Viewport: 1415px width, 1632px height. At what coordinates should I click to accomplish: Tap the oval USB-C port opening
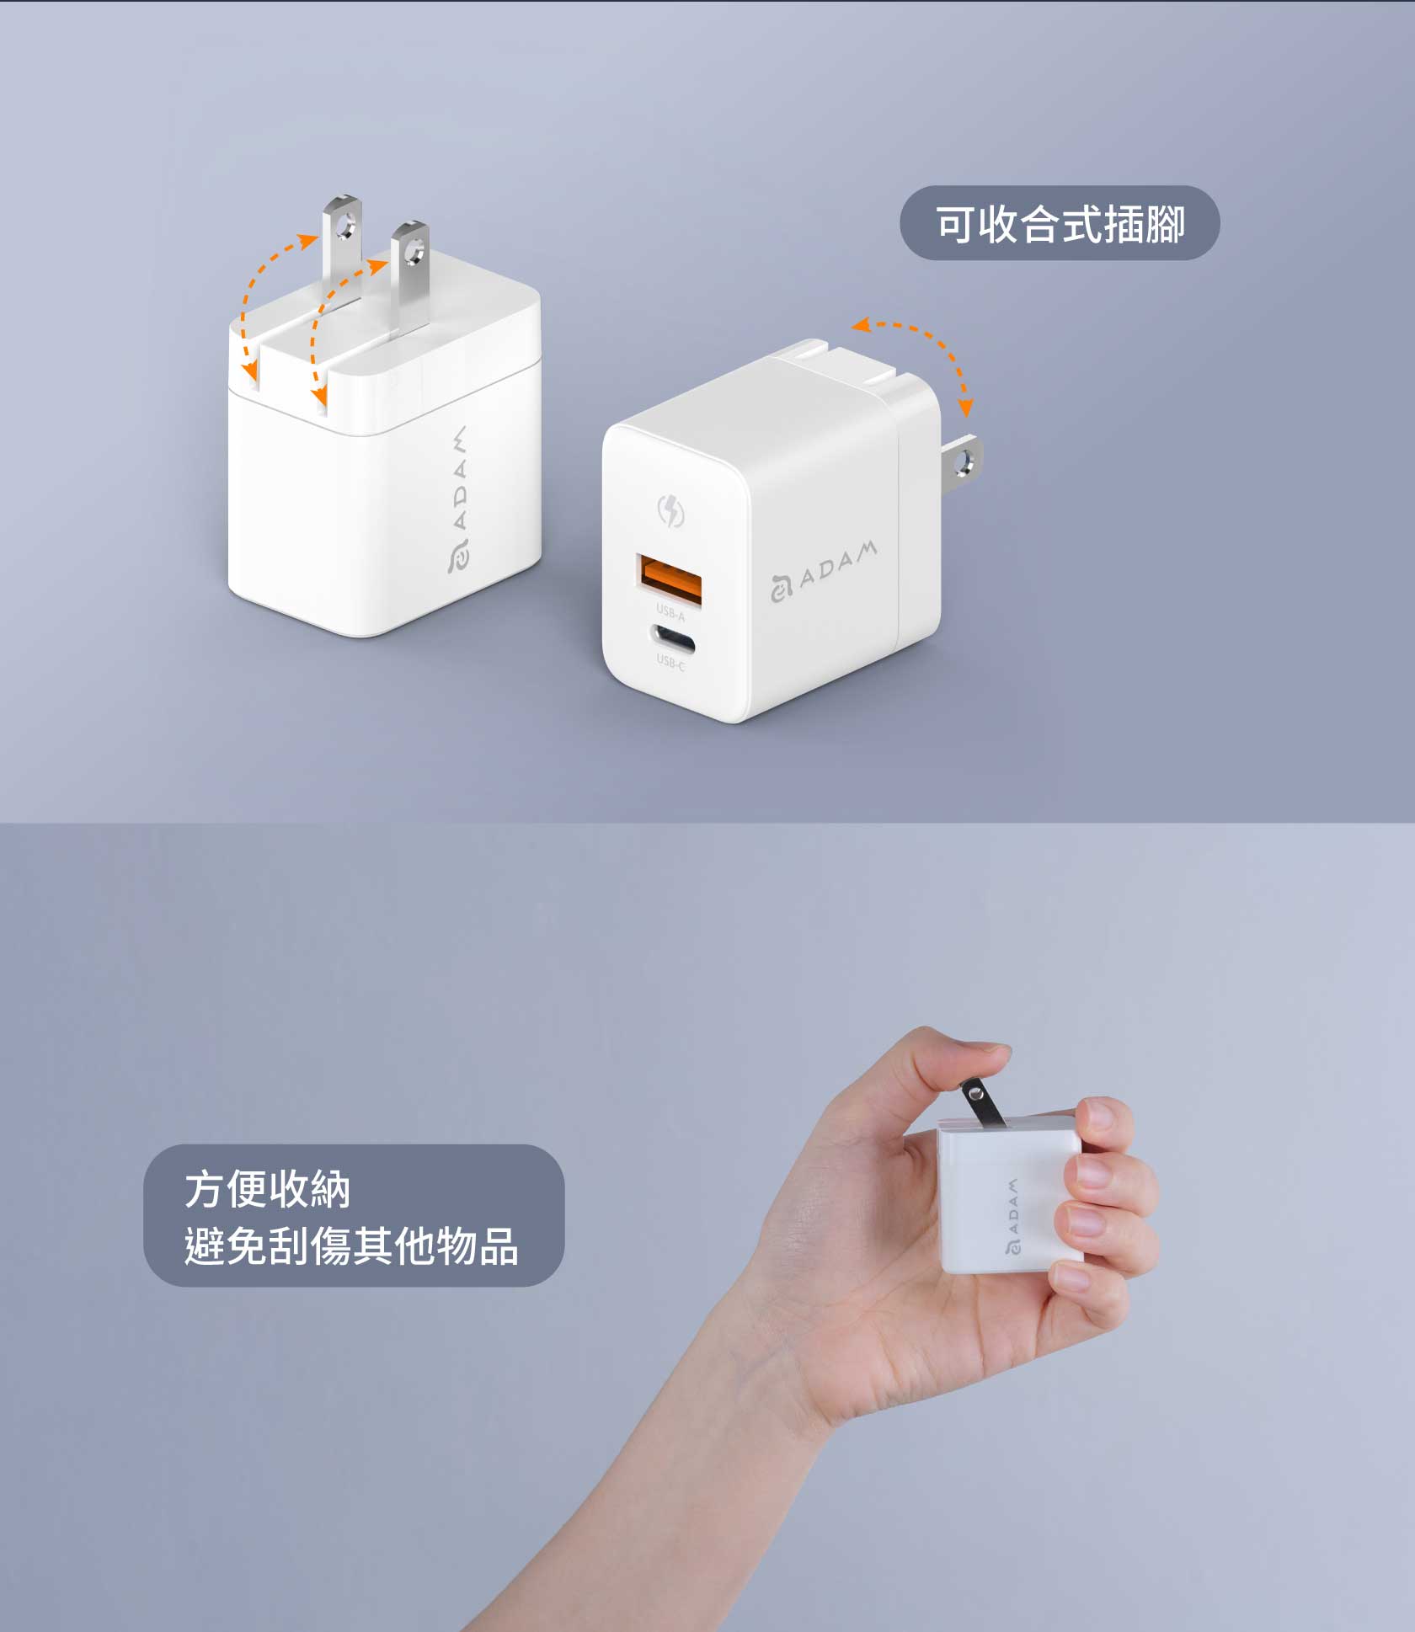coord(672,639)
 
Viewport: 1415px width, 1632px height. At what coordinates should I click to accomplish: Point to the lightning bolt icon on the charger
coord(670,510)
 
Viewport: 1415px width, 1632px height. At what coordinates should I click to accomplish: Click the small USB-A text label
coord(670,612)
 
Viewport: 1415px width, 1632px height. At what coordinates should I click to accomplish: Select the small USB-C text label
coord(670,663)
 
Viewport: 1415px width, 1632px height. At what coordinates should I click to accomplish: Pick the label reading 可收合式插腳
coord(1060,224)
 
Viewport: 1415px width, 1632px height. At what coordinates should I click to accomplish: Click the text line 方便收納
coord(267,1189)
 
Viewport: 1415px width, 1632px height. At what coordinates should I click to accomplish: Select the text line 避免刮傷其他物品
coord(351,1245)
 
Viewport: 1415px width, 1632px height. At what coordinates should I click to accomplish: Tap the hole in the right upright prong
coord(413,251)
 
